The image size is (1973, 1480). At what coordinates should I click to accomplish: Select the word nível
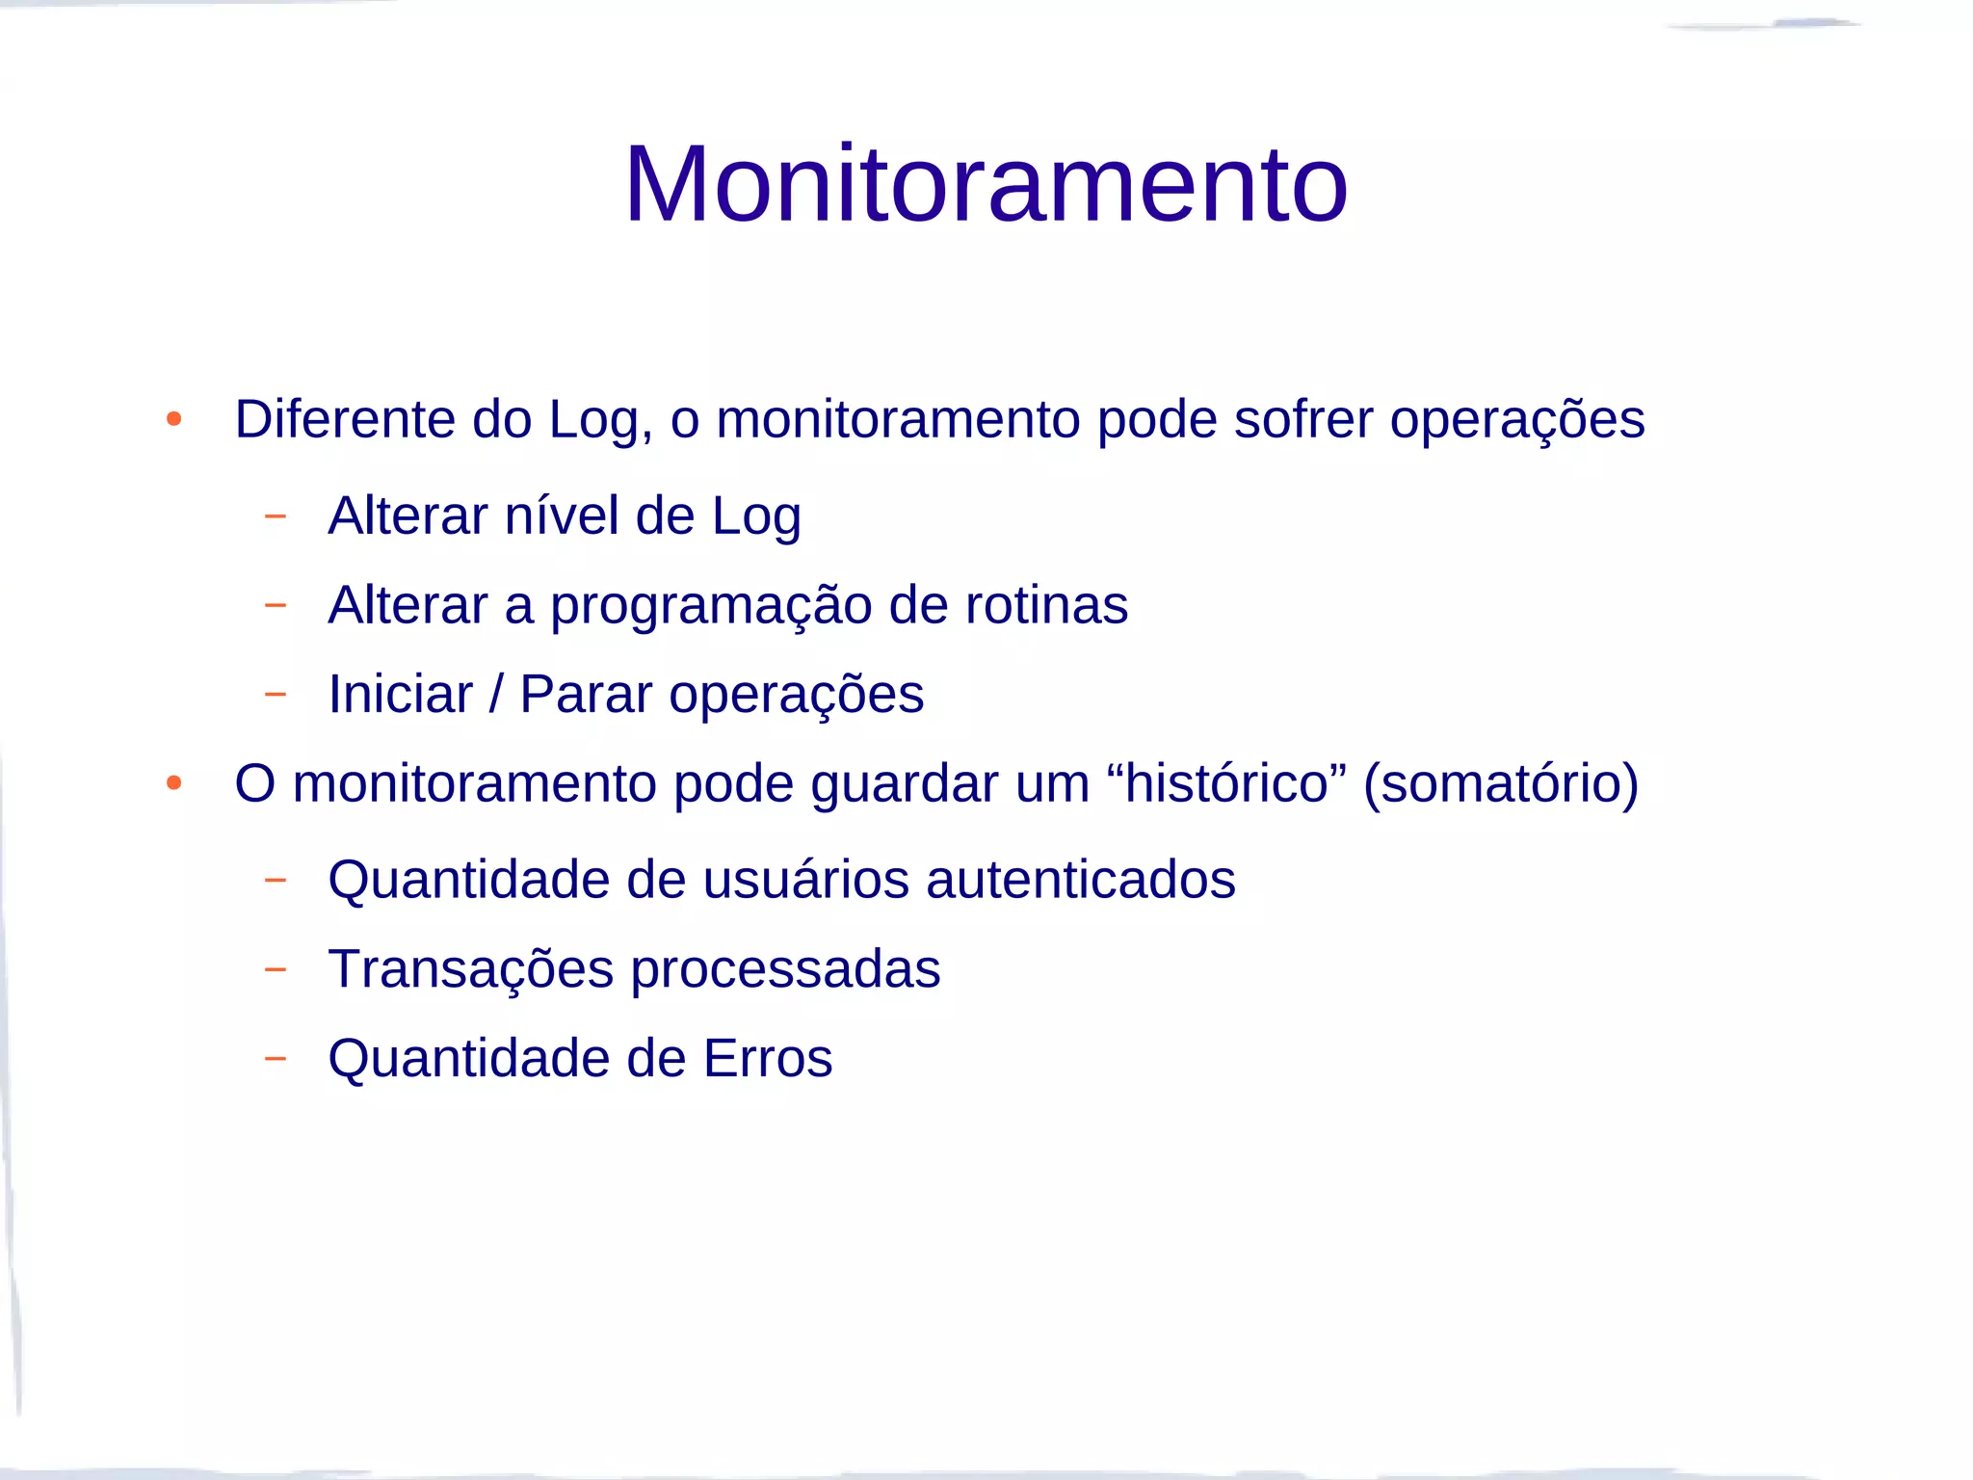pyautogui.click(x=562, y=515)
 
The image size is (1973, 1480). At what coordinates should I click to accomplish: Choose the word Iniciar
pyautogui.click(x=401, y=694)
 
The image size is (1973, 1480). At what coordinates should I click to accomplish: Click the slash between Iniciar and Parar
pyautogui.click(x=496, y=694)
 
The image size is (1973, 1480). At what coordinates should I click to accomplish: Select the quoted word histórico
pyautogui.click(x=1227, y=782)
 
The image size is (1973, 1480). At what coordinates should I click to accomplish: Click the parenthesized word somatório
pyautogui.click(x=1501, y=783)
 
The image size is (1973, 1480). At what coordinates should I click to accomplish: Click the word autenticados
pyautogui.click(x=1080, y=880)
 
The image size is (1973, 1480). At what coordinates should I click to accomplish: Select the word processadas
pyautogui.click(x=785, y=970)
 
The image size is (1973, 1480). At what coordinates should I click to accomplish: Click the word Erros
pyautogui.click(x=768, y=1058)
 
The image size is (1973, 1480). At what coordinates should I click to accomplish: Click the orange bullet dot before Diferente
pyautogui.click(x=173, y=419)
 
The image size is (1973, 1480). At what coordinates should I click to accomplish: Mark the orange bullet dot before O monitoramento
pyautogui.click(x=173, y=782)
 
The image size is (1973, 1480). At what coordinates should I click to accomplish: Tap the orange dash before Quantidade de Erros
pyautogui.click(x=276, y=1058)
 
